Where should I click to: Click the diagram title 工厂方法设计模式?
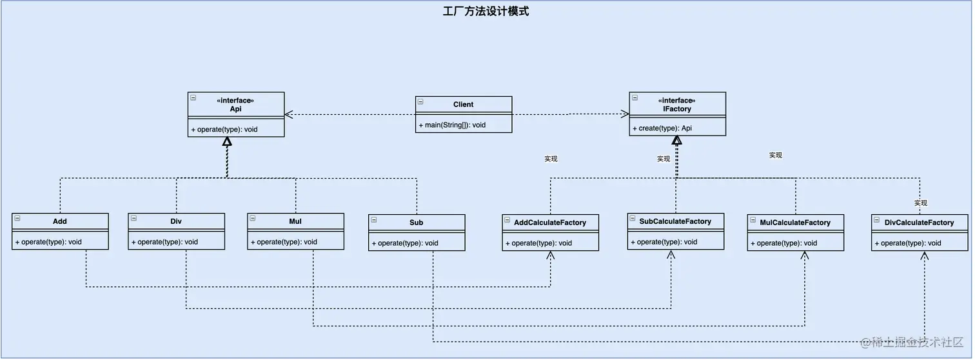pyautogui.click(x=486, y=11)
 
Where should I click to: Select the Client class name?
pyautogui.click(x=463, y=104)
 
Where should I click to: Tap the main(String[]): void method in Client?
pyautogui.click(x=452, y=125)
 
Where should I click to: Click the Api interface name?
pyautogui.click(x=235, y=109)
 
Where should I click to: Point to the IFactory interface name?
pyautogui.click(x=676, y=109)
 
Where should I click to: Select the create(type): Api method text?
pyautogui.click(x=662, y=128)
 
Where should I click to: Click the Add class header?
pyautogui.click(x=59, y=221)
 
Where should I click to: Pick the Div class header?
pyautogui.click(x=176, y=221)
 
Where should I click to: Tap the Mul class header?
pyautogui.click(x=295, y=221)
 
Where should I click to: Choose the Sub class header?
pyautogui.click(x=417, y=223)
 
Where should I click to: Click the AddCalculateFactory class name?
pyautogui.click(x=550, y=223)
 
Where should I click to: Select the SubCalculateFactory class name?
pyautogui.click(x=675, y=221)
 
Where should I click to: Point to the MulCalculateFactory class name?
pyautogui.click(x=795, y=223)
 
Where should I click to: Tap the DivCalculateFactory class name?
pyautogui.click(x=919, y=223)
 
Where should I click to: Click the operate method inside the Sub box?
pyautogui.click(x=405, y=243)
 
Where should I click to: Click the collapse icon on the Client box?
pyautogui.click(x=420, y=102)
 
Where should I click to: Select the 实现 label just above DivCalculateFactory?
pyautogui.click(x=920, y=203)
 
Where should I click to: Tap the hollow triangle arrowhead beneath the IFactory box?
pyautogui.click(x=676, y=140)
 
